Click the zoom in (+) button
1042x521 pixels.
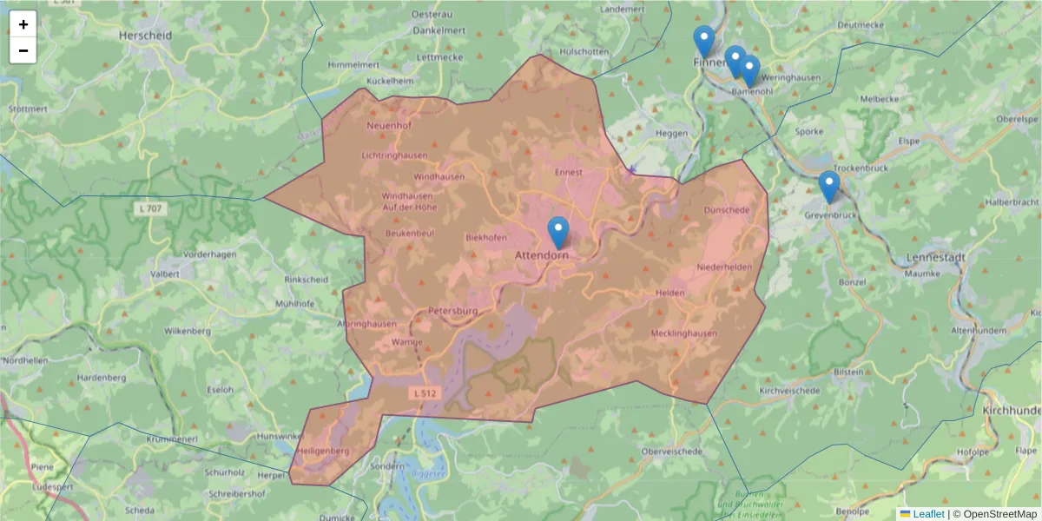(x=23, y=24)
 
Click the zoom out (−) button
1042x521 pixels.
(x=23, y=50)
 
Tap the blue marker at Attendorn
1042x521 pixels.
(x=558, y=232)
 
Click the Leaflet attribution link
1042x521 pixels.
(x=928, y=514)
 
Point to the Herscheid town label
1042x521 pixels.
(x=145, y=36)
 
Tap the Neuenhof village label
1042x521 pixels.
(x=388, y=125)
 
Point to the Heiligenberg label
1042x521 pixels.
(x=322, y=452)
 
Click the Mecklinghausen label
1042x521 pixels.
(x=683, y=333)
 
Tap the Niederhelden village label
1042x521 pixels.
(x=724, y=267)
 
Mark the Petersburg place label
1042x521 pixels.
(x=453, y=311)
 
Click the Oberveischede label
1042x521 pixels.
(x=671, y=452)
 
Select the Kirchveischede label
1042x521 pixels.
(x=789, y=392)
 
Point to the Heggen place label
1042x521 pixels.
(x=670, y=133)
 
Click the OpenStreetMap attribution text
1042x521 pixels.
(x=999, y=514)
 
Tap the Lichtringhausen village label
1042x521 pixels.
(x=394, y=155)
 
